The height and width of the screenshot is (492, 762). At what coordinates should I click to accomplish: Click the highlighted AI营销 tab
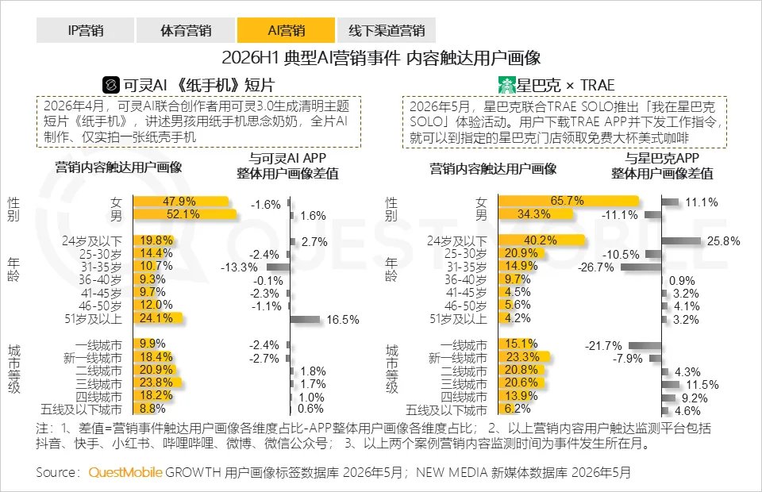pyautogui.click(x=286, y=30)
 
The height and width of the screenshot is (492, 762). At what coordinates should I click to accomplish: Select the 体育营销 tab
pyautogui.click(x=186, y=30)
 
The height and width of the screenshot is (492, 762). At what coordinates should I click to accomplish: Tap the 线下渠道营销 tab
pyautogui.click(x=387, y=30)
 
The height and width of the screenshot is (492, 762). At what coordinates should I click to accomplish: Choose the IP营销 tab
pyautogui.click(x=85, y=30)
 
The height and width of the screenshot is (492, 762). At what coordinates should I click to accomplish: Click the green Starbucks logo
pyautogui.click(x=506, y=85)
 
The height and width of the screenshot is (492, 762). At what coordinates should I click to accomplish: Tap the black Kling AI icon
pyautogui.click(x=111, y=85)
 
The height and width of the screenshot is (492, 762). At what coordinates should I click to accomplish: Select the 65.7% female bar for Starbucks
pyautogui.click(x=568, y=201)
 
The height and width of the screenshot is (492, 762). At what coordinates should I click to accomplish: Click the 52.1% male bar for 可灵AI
pyautogui.click(x=185, y=214)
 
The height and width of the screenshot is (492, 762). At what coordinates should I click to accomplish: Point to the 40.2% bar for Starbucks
pyautogui.click(x=541, y=240)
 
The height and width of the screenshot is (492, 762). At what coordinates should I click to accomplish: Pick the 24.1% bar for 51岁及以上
pyautogui.click(x=158, y=318)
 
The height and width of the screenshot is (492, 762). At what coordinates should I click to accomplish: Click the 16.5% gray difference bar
pyautogui.click(x=305, y=319)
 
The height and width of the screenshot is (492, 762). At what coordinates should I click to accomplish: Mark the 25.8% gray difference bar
pyautogui.click(x=681, y=241)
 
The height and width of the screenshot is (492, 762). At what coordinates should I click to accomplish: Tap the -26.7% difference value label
pyautogui.click(x=596, y=267)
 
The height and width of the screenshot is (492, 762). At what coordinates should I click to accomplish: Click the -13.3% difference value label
pyautogui.click(x=239, y=267)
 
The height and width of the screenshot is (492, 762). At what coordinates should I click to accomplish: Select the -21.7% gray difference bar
pyautogui.click(x=645, y=346)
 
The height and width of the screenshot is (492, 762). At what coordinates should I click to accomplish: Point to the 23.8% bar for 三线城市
pyautogui.click(x=157, y=382)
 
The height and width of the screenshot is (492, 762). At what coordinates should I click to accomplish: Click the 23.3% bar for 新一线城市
pyautogui.click(x=524, y=357)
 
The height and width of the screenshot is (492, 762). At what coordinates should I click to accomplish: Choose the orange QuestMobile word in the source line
pyautogui.click(x=125, y=472)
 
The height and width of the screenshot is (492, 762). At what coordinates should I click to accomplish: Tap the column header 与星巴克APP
pyautogui.click(x=662, y=158)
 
